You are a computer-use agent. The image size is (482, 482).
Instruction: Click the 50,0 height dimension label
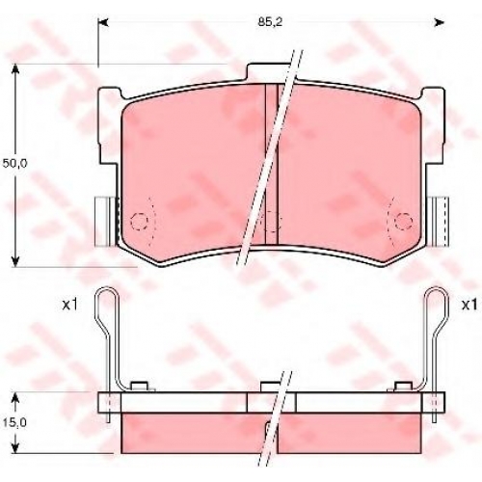click(x=15, y=163)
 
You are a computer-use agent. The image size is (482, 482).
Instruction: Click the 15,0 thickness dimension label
click(x=14, y=423)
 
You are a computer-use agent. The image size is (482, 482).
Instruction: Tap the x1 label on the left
click(x=69, y=305)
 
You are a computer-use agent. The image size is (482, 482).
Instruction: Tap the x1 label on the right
click(x=469, y=305)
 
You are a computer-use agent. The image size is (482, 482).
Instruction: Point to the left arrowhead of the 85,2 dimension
click(x=103, y=22)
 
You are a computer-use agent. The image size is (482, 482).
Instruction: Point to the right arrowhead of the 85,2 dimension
click(x=440, y=22)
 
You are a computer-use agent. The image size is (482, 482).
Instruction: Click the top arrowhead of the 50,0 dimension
click(x=15, y=69)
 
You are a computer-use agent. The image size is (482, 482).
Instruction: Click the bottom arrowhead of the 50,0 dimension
click(x=15, y=261)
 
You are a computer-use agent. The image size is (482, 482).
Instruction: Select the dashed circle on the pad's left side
click(x=139, y=222)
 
